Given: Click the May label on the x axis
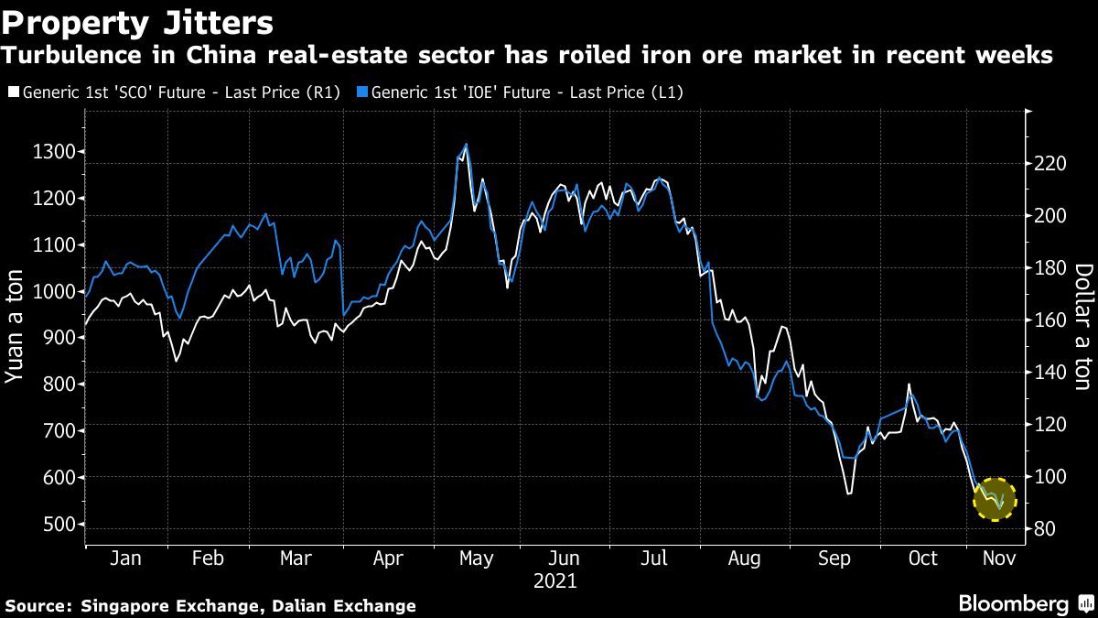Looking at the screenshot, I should point(476,558).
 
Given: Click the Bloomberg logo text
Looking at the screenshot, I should point(1013,604).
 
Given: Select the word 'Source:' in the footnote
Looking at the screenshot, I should point(38,605).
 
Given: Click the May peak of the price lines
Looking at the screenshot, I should point(466,145).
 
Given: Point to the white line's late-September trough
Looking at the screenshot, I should point(848,493).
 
